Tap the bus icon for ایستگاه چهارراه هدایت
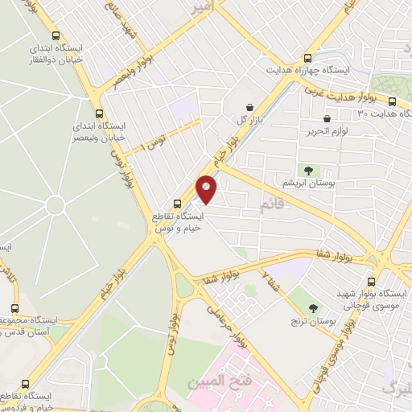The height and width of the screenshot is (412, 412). coord(307,58)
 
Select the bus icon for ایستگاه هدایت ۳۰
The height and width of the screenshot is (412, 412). coord(392,102)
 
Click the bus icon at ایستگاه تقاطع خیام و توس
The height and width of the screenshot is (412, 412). coord(178,204)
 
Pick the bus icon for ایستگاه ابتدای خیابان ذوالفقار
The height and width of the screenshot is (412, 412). coord(56,35)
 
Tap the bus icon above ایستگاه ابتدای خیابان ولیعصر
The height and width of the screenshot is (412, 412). coord(99,113)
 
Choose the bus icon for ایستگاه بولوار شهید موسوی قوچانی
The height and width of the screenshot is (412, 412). coord(371,282)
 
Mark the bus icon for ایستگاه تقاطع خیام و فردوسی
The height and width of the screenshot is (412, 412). coord(25,385)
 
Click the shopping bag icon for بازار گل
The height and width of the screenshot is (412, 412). coord(249,107)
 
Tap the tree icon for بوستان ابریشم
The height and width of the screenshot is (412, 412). coord(307,170)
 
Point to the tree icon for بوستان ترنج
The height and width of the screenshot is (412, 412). coord(313,307)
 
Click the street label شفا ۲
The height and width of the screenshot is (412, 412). coord(272,282)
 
